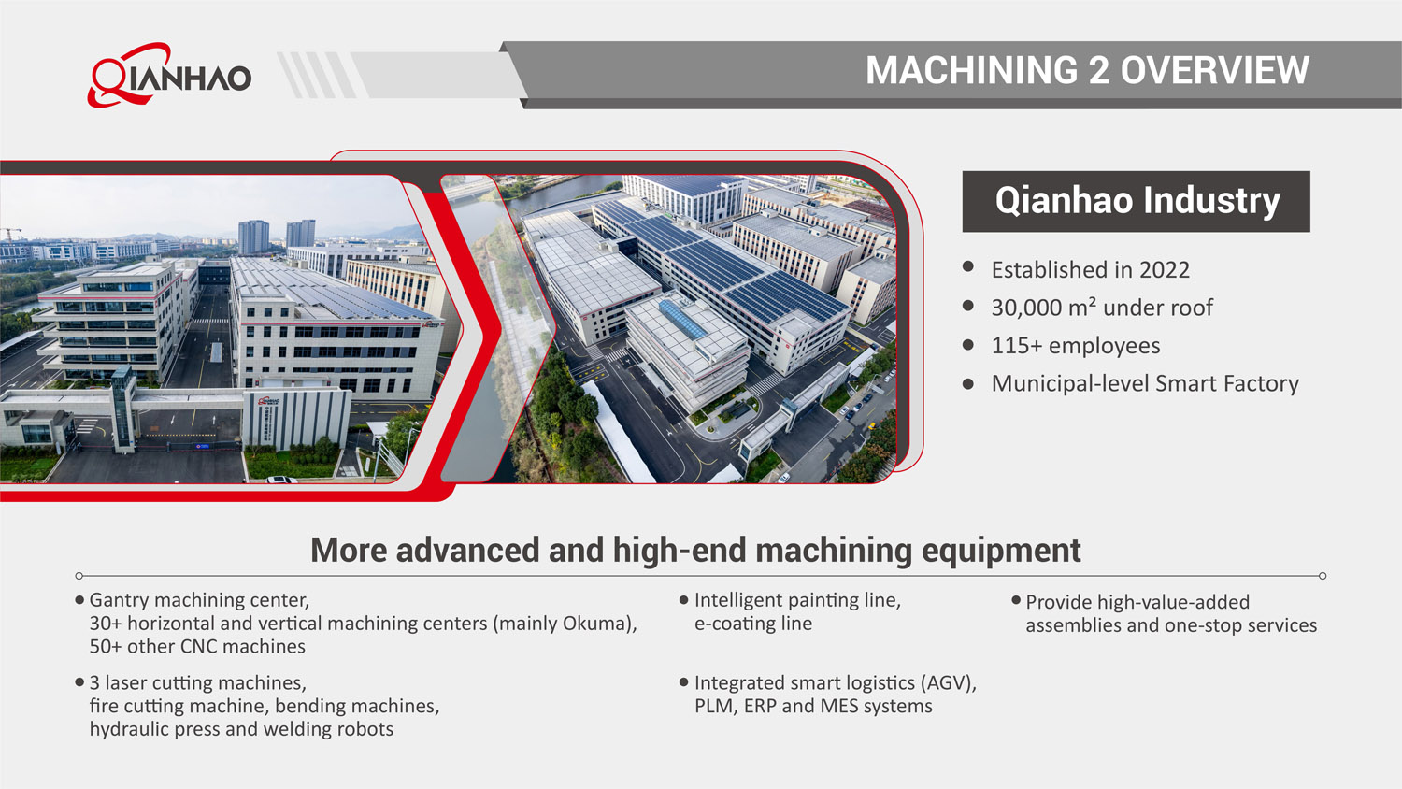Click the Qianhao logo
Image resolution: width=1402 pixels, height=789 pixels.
(170, 75)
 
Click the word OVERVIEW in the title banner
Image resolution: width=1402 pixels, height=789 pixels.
(1214, 71)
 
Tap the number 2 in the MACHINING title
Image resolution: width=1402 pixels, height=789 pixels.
(1098, 71)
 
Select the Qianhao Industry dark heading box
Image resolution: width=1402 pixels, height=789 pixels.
(1136, 201)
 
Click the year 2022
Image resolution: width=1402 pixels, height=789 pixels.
(1164, 270)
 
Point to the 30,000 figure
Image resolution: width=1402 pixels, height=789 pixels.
(1025, 308)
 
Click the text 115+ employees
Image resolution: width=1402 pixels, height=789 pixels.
(1075, 346)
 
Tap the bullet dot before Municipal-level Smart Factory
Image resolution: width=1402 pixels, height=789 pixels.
(968, 383)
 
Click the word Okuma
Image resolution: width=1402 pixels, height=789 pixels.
(596, 624)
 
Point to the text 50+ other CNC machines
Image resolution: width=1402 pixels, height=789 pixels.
(197, 647)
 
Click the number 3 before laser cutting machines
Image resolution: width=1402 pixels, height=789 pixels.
(94, 683)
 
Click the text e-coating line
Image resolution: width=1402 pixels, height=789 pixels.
(752, 624)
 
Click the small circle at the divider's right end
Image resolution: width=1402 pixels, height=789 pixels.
(1323, 576)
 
